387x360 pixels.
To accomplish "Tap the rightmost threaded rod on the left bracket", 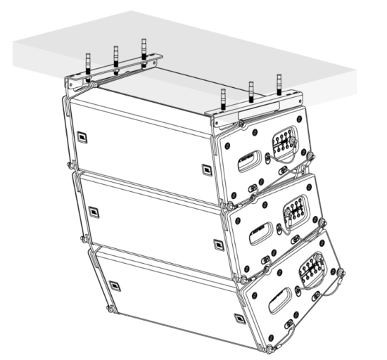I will click(x=144, y=51).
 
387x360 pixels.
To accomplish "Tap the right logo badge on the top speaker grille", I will click(x=205, y=169).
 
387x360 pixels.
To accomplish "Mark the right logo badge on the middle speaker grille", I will click(x=217, y=244).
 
